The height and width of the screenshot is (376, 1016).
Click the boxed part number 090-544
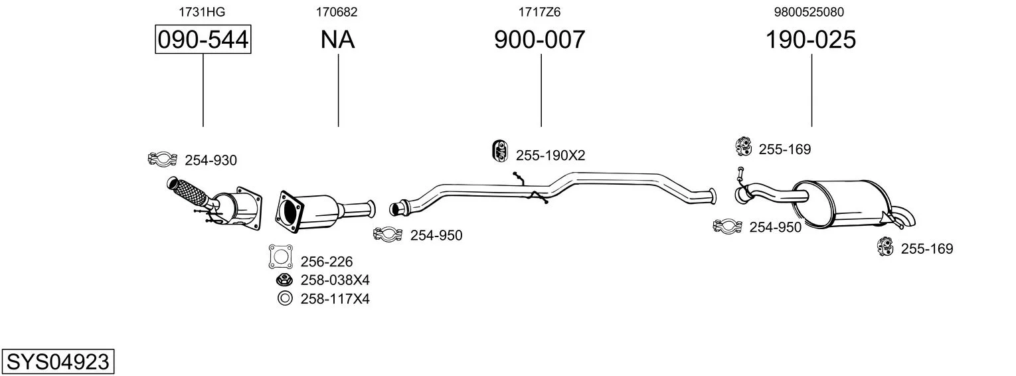click(203, 39)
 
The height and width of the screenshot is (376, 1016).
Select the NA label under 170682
click(337, 39)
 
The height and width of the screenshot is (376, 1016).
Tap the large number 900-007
click(539, 39)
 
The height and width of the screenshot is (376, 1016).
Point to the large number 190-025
click(811, 39)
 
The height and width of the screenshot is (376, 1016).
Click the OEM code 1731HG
click(202, 12)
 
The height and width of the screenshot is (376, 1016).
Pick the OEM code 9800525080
click(809, 12)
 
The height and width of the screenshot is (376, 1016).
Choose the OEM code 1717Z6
click(539, 12)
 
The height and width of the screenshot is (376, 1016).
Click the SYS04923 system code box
click(58, 362)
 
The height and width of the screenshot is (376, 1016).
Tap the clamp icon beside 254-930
click(162, 159)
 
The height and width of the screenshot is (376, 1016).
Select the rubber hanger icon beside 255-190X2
click(499, 151)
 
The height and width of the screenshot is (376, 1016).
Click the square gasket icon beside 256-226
click(281, 256)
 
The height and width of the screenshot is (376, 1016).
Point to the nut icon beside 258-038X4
click(284, 280)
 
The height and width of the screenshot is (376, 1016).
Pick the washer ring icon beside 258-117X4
click(285, 298)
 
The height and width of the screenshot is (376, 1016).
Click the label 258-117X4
click(335, 299)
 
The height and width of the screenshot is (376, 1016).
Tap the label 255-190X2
click(550, 155)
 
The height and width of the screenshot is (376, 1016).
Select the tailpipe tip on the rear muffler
click(905, 218)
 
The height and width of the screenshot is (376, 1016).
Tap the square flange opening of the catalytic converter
click(288, 213)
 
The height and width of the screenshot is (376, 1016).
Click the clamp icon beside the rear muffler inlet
click(727, 226)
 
